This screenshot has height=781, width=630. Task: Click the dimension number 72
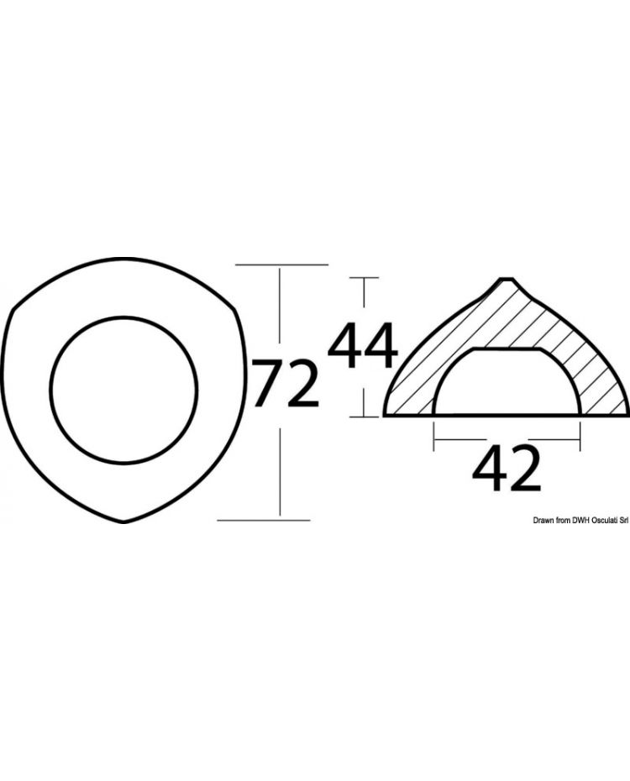pos(286,383)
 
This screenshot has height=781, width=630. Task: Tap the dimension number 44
pos(362,348)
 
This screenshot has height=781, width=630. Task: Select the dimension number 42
pos(506,470)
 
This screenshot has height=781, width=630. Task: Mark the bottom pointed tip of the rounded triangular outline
pos(124,522)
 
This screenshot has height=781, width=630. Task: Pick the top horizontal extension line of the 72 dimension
pos(281,265)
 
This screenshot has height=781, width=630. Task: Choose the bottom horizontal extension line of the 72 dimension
pos(264,521)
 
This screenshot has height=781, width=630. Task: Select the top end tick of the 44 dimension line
pos(363,277)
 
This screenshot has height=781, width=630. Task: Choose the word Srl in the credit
pos(624,521)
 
